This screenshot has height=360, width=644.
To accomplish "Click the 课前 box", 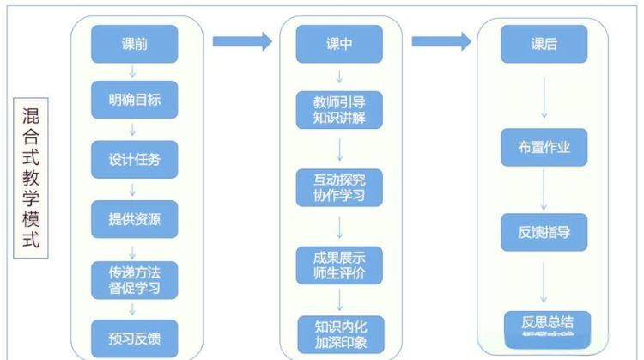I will click(135, 44).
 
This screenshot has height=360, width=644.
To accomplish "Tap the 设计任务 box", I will click(135, 160).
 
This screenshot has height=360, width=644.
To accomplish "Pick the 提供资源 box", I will click(135, 218).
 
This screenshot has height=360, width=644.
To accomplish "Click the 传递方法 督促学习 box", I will click(135, 278).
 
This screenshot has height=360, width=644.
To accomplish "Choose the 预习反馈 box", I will click(135, 335).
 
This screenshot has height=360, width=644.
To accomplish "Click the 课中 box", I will click(340, 44).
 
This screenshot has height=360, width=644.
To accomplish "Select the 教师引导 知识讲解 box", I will click(340, 111).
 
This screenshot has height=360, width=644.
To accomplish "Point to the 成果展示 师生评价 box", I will click(340, 265).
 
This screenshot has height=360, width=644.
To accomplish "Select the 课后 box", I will click(544, 44).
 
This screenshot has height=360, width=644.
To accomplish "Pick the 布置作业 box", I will click(544, 147).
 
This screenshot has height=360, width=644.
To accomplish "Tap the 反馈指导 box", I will click(544, 232).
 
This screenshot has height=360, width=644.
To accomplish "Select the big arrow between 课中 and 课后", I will click(441, 40).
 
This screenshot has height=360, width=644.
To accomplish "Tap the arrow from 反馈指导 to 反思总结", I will click(544, 280).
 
